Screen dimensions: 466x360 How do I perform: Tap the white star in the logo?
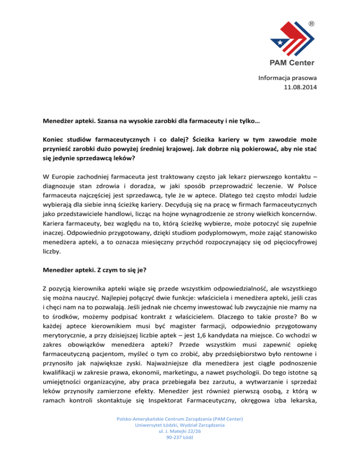[x=270, y=44]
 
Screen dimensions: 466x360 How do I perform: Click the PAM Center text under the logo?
[x=292, y=63]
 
